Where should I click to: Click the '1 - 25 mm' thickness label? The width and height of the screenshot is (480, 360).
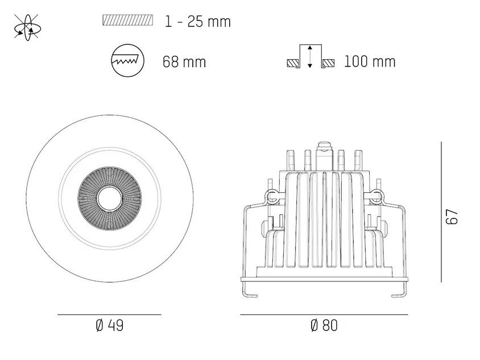(x=197, y=22)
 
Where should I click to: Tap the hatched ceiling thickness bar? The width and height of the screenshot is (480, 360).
(x=127, y=20)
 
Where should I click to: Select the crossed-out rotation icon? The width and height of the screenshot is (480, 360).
(x=27, y=27)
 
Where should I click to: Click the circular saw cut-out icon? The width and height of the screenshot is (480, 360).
(x=127, y=60)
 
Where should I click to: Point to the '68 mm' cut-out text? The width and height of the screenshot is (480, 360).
(x=184, y=61)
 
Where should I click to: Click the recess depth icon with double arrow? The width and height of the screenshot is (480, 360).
(x=311, y=57)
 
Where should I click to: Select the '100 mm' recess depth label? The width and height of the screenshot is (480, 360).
(x=370, y=61)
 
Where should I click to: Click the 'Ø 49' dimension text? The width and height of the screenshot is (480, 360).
(x=109, y=325)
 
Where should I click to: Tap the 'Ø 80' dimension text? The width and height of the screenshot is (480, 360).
(x=324, y=325)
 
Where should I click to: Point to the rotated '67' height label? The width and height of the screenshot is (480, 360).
(x=452, y=217)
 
